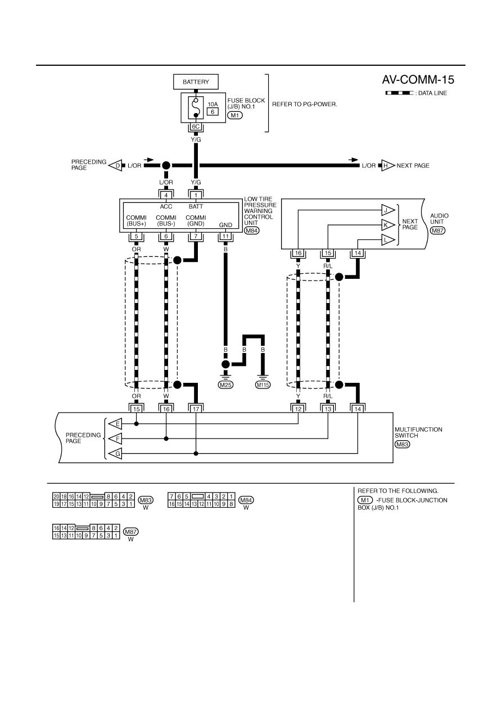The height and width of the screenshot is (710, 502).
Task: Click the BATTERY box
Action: point(196,82)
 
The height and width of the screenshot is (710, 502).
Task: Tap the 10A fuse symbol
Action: point(196,107)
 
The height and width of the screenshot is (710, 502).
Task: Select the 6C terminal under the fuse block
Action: point(196,127)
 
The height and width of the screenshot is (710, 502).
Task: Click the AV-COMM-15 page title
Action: point(418,80)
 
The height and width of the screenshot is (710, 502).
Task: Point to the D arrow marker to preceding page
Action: point(115,165)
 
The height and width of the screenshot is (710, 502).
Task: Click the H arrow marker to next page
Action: point(388,165)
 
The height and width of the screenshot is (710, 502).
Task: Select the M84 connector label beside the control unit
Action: point(252,230)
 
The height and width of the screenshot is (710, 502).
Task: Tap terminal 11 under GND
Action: point(225,237)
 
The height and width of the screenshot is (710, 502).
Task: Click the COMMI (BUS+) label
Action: point(136,220)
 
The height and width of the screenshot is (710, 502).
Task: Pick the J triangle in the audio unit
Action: point(388,210)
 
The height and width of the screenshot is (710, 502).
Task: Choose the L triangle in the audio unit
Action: point(388,240)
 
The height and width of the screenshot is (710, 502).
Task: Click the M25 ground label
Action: point(225,385)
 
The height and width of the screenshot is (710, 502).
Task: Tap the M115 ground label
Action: point(263,385)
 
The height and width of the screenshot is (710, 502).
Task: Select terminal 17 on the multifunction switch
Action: point(196,409)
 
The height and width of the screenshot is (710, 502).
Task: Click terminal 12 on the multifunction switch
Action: point(299,409)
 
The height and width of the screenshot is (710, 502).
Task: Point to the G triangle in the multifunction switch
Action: point(115,454)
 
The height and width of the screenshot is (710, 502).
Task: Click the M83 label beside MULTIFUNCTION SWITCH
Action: point(402,445)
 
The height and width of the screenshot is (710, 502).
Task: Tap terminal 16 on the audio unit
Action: point(299,253)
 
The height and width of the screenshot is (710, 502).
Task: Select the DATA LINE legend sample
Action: point(399,93)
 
